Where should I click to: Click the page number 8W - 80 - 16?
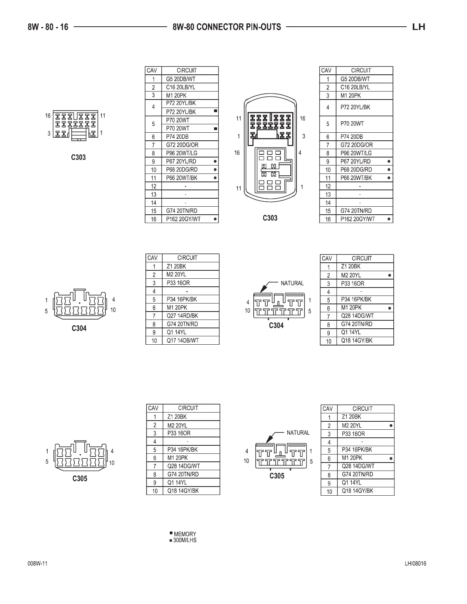tap(48, 27)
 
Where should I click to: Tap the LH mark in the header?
tap(419, 27)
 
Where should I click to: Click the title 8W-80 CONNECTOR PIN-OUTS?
tap(227, 27)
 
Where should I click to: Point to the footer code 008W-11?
tap(37, 564)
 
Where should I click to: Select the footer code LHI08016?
tap(415, 564)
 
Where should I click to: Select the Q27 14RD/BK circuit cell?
tap(182, 316)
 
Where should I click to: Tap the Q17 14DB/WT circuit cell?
tap(182, 341)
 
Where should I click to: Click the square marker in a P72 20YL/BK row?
tap(216, 111)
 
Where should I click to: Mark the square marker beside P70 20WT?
tap(216, 129)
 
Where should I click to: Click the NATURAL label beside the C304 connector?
tap(292, 283)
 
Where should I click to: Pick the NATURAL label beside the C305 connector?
tap(298, 432)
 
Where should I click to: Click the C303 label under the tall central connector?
tap(270, 218)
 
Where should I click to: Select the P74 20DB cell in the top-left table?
tap(177, 137)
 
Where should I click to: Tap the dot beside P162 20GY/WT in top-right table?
tap(389, 219)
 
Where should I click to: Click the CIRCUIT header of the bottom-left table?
tap(188, 408)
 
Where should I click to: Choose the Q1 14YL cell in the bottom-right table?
tap(351, 482)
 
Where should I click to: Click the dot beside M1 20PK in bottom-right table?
tap(391, 458)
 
